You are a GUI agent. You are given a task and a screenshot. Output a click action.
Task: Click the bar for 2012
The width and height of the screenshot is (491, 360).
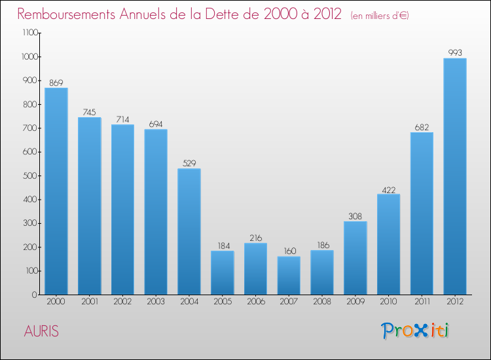455,177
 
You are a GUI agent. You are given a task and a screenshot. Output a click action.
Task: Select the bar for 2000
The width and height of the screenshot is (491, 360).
56,191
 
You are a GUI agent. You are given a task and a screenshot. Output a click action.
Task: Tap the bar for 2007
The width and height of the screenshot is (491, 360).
289,276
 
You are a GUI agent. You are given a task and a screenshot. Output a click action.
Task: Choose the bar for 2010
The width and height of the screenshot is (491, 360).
388,244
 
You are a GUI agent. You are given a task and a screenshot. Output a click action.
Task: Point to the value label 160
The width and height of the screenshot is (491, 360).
289,251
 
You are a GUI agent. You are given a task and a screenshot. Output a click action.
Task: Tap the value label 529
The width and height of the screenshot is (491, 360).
189,163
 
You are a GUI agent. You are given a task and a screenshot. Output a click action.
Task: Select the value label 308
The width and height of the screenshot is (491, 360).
355,215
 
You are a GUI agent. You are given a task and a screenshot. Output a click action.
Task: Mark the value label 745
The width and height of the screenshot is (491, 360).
90,111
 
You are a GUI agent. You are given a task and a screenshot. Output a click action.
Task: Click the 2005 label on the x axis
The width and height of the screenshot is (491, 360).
223,302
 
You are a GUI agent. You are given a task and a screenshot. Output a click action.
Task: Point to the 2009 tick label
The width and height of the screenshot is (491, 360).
355,302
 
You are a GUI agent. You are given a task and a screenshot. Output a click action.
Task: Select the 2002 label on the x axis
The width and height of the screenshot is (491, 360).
122,302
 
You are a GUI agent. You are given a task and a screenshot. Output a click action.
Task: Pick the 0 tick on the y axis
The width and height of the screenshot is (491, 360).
34,295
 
